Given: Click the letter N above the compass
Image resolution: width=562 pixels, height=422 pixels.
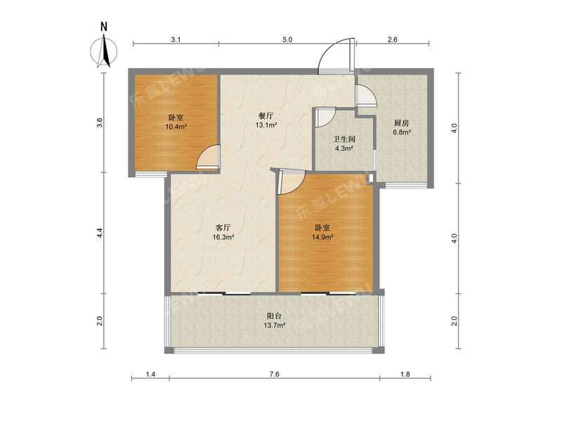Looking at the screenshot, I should click(103, 27).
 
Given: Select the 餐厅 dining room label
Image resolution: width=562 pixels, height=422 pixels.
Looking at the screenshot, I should click(266, 117).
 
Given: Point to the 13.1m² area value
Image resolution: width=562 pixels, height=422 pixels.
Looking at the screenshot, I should click(266, 127).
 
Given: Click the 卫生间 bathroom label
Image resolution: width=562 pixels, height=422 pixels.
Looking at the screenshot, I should click(343, 139).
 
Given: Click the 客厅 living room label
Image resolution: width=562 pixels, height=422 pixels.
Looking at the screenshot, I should click(223, 228).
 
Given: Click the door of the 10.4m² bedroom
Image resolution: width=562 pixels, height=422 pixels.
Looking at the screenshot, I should click(209, 158).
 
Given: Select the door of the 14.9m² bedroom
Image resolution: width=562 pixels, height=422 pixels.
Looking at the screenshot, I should click(291, 182).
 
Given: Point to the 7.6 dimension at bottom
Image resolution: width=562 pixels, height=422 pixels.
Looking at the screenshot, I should click(274, 375).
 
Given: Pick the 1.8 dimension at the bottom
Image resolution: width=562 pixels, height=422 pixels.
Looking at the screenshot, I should click(405, 375).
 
